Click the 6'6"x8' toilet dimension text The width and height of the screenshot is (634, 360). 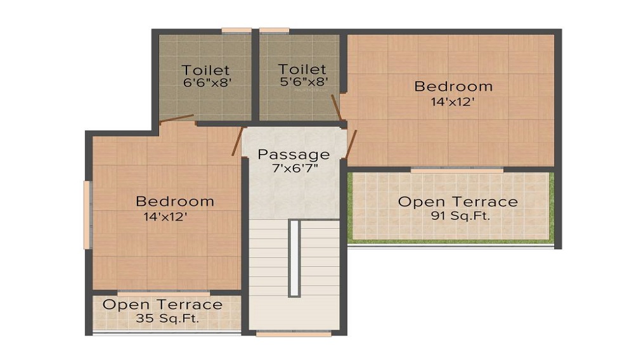tap(207, 83)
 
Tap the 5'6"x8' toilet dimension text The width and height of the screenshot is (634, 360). tap(304, 82)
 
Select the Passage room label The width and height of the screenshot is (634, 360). tap(294, 155)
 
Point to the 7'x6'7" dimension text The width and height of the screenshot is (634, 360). tap(295, 168)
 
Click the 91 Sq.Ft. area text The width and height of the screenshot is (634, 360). tap(460, 215)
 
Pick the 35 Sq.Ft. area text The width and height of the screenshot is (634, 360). tap(167, 318)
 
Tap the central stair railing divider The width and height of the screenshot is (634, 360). tap(294, 259)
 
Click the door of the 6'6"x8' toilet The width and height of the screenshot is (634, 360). tap(177, 119)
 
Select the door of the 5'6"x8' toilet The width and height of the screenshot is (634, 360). tap(337, 108)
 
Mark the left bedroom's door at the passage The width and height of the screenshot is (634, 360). tap(237, 141)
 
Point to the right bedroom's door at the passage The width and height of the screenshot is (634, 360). tap(351, 145)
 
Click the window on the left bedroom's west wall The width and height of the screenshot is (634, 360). tap(86, 215)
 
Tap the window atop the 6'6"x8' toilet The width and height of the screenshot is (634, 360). tap(236, 30)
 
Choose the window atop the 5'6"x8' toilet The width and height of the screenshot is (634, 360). tap(274, 30)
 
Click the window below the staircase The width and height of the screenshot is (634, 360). tap(294, 334)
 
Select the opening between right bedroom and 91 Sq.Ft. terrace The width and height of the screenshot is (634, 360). tap(457, 170)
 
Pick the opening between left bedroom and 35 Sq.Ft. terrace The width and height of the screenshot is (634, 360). tap(164, 293)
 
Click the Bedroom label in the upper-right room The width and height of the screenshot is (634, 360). tap(453, 86)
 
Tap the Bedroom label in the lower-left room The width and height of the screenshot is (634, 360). tap(175, 201)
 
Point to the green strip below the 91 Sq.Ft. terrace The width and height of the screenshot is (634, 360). tap(451, 242)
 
